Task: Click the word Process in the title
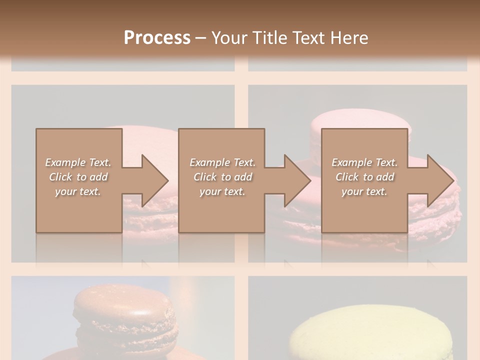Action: click(x=157, y=38)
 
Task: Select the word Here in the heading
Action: click(x=349, y=38)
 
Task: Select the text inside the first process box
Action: click(x=78, y=177)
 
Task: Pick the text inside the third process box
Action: click(x=364, y=177)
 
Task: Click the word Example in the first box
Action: click(x=65, y=162)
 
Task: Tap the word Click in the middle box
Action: click(x=204, y=177)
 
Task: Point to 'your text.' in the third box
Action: click(x=364, y=191)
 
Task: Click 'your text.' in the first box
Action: click(x=78, y=191)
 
